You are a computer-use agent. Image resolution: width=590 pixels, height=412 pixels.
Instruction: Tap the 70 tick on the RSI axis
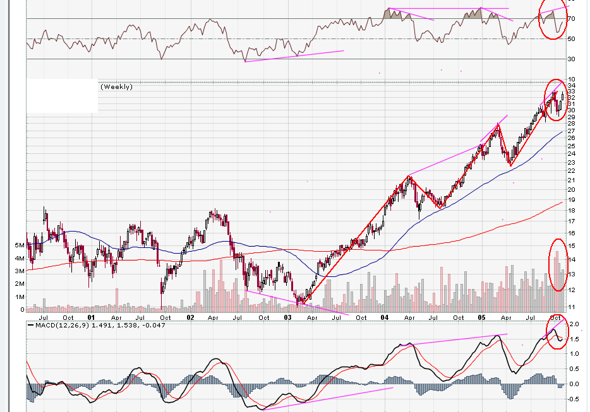coord(571,20)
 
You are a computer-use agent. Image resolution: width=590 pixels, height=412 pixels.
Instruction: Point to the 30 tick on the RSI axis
coord(571,59)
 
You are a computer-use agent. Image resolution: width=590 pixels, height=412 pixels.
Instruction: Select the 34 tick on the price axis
coord(571,85)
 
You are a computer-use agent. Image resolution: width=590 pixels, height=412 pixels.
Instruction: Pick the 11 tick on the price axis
coord(571,307)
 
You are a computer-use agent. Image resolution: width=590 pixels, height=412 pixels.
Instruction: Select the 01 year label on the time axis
coord(91,318)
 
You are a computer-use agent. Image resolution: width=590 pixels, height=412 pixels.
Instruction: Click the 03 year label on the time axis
coord(287,318)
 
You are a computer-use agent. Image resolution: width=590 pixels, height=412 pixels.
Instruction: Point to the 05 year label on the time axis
coord(481,318)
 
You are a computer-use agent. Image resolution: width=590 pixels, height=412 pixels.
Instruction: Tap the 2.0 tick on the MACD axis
coord(574,324)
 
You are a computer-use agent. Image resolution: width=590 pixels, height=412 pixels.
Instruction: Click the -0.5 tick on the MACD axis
coord(574,399)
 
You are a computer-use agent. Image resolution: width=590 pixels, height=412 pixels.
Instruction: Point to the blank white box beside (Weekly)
coord(62,96)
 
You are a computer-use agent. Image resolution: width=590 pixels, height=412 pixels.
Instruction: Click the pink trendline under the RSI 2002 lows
coord(294,56)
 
